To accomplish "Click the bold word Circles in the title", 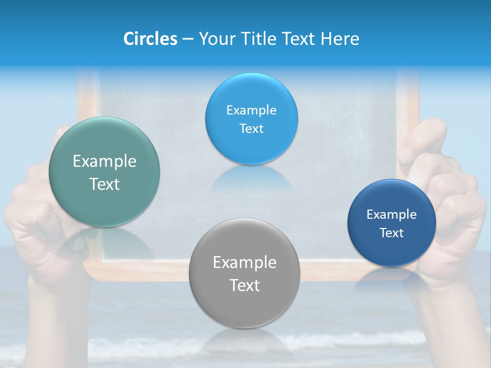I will tap(150, 39).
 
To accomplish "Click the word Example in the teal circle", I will tap(104, 162).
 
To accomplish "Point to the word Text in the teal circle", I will tap(104, 184).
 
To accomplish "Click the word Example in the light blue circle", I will tap(251, 110).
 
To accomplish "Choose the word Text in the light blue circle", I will tap(251, 129).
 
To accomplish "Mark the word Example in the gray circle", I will tap(244, 263).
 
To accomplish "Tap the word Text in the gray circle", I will tap(244, 285).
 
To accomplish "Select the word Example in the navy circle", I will tap(391, 215).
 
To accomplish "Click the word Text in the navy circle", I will tap(391, 233).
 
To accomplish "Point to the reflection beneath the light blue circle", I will tap(251, 179).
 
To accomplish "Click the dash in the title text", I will tap(187, 39).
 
